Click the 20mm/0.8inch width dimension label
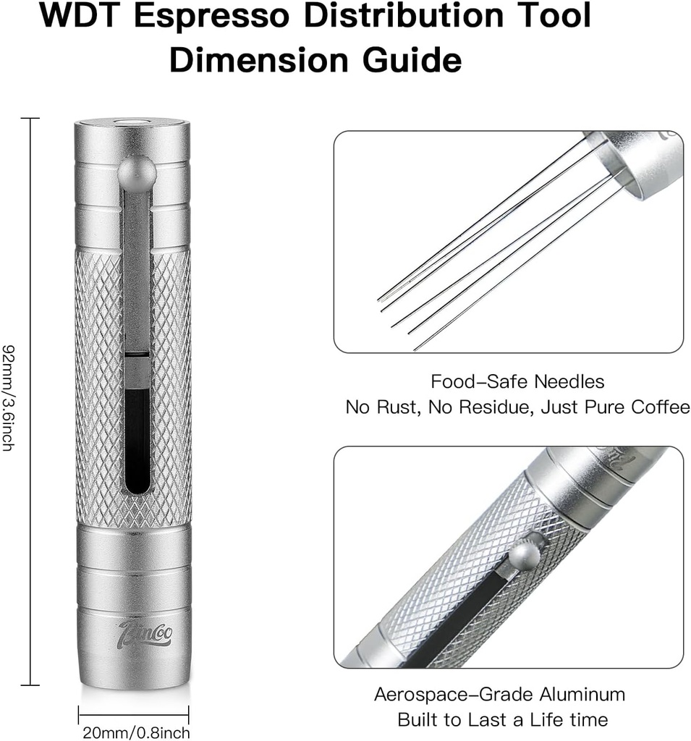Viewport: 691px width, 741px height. point(135,732)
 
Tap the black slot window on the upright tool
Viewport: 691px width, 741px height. point(137,438)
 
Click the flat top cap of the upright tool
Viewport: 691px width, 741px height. point(132,124)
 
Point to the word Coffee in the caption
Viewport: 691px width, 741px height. point(660,407)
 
